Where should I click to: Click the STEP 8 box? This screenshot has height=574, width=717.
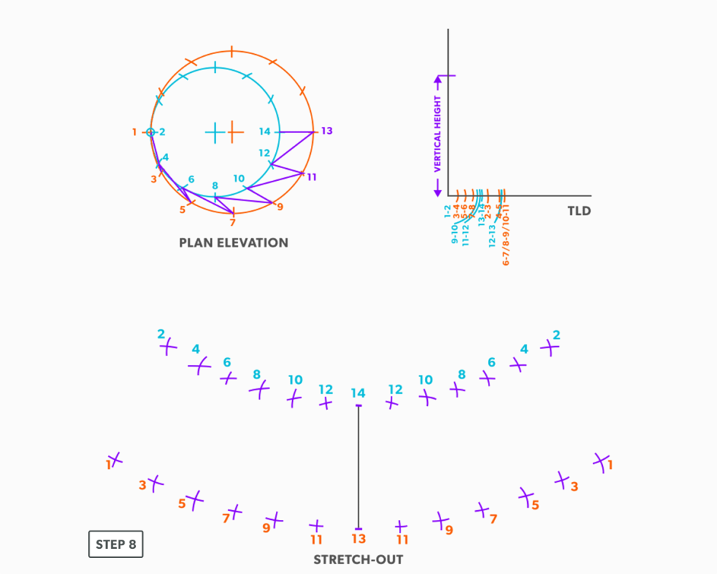click(x=116, y=545)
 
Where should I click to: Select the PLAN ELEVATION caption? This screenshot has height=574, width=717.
click(x=233, y=243)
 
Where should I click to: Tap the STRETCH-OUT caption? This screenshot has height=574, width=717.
click(x=358, y=559)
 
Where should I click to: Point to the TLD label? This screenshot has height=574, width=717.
click(x=579, y=210)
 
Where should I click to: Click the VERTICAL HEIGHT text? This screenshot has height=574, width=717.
click(x=438, y=135)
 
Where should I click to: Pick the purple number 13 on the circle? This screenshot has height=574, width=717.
click(x=326, y=131)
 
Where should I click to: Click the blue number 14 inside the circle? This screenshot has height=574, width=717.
click(x=264, y=132)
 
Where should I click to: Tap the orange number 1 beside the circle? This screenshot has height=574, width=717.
click(x=134, y=132)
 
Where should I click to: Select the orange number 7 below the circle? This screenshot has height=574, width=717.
click(x=232, y=223)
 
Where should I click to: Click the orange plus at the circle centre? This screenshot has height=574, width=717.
click(x=235, y=132)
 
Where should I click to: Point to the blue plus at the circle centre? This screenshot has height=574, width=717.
click(x=215, y=132)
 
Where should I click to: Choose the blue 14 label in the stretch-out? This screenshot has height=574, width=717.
click(x=358, y=393)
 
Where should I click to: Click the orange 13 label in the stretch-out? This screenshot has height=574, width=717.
click(x=358, y=539)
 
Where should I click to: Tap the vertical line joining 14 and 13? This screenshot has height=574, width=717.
click(x=358, y=467)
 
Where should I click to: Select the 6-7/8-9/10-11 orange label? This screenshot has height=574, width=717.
click(x=506, y=235)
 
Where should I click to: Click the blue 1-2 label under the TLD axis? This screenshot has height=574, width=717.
click(x=448, y=211)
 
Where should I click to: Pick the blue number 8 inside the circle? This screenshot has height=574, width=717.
click(x=215, y=186)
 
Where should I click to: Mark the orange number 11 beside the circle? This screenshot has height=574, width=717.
click(x=312, y=177)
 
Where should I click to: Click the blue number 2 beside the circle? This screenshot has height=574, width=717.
click(x=162, y=132)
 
